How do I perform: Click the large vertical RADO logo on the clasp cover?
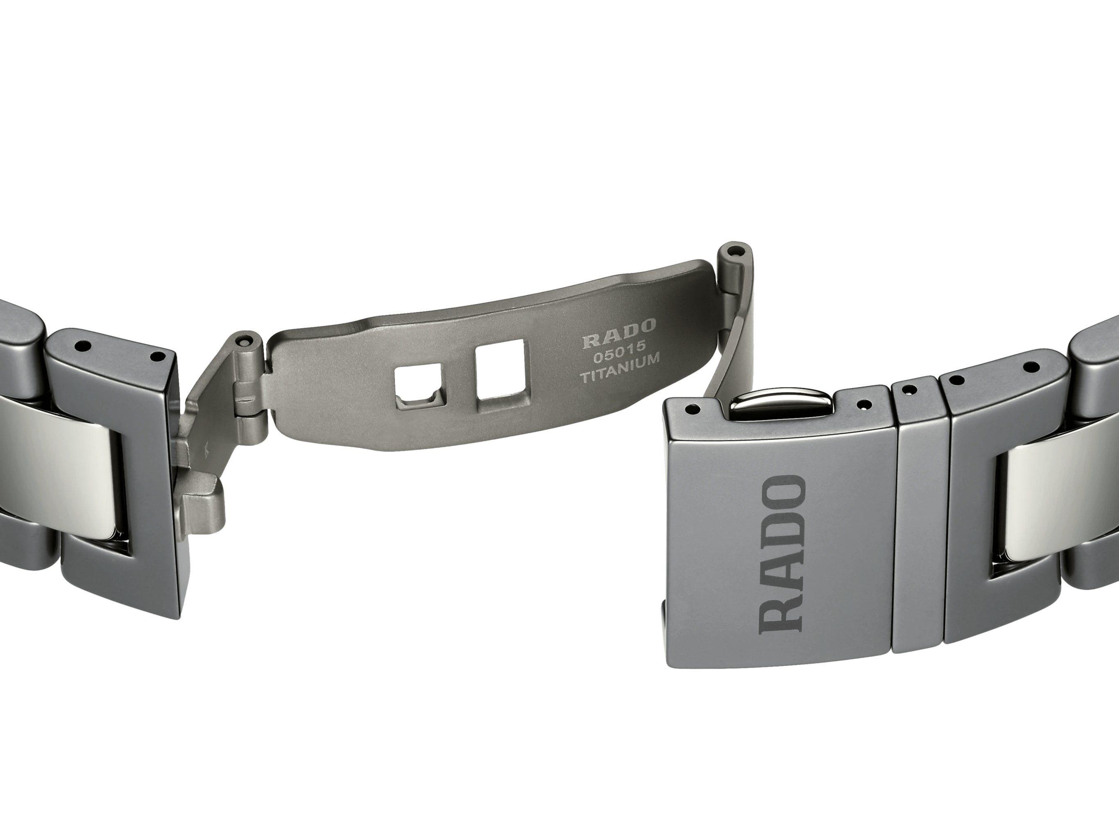[x=781, y=554]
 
